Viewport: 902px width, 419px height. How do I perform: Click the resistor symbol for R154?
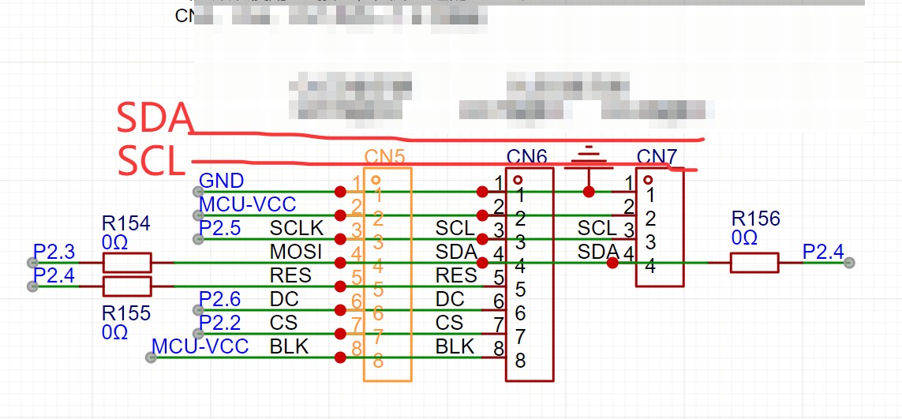click(x=128, y=263)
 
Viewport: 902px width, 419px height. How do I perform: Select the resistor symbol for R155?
click(x=128, y=286)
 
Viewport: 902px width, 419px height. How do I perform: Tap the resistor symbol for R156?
click(x=754, y=263)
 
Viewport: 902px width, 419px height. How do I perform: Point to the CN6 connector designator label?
click(x=527, y=157)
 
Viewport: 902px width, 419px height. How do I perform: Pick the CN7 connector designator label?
click(x=657, y=157)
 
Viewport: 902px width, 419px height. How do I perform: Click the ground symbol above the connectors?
click(x=588, y=159)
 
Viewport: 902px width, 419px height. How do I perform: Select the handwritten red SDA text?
click(x=155, y=118)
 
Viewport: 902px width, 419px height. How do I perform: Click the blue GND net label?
click(x=222, y=181)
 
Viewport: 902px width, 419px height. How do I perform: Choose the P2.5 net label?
click(x=220, y=229)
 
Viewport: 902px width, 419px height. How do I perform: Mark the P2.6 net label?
click(x=220, y=299)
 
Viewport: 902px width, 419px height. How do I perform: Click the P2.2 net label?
click(x=220, y=323)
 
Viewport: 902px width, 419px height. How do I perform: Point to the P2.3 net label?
click(x=54, y=253)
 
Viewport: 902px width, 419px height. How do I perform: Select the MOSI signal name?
click(x=296, y=253)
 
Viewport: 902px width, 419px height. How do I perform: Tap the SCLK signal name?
click(x=297, y=229)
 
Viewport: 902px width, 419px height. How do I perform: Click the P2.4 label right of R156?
click(x=823, y=253)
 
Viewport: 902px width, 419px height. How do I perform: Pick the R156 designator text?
click(x=755, y=219)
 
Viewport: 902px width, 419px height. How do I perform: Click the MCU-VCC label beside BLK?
click(x=200, y=346)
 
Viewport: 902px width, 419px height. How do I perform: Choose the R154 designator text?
click(x=125, y=223)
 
